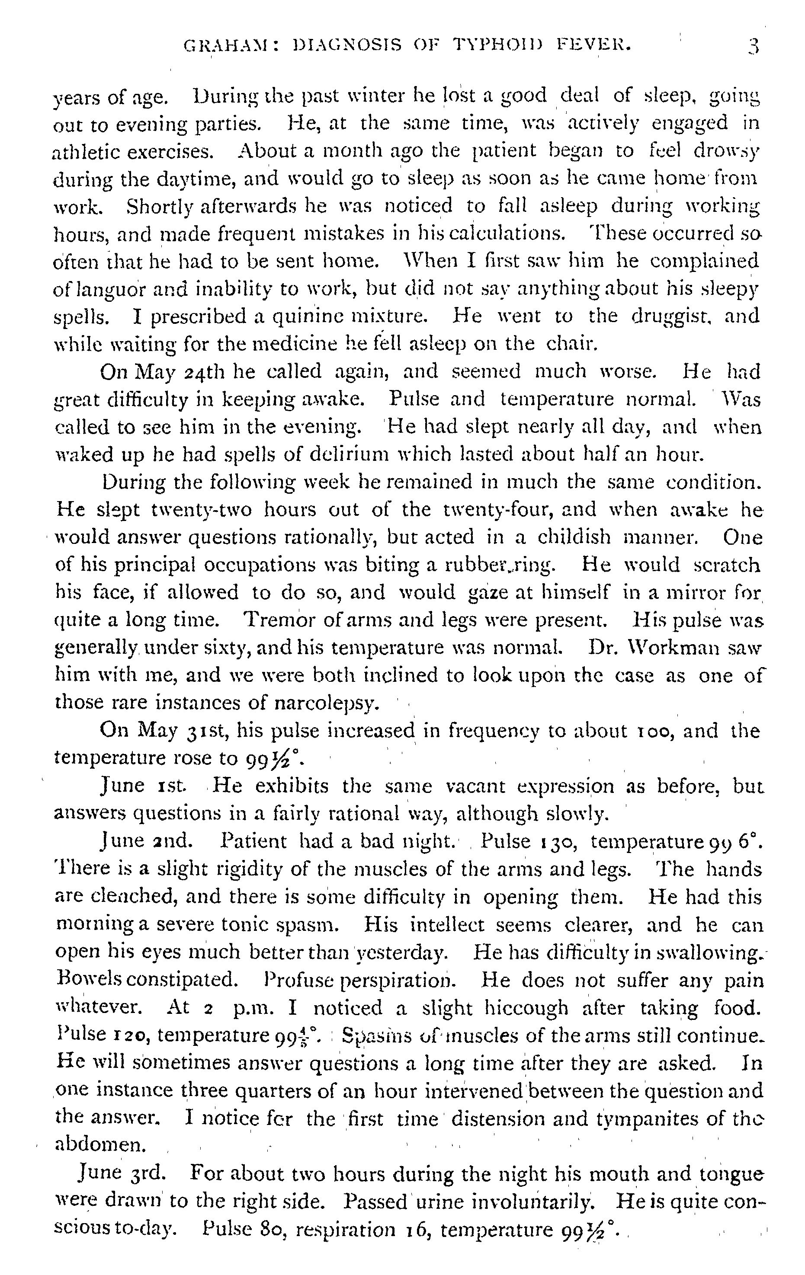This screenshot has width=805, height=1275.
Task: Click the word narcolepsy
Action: pos(328,703)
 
